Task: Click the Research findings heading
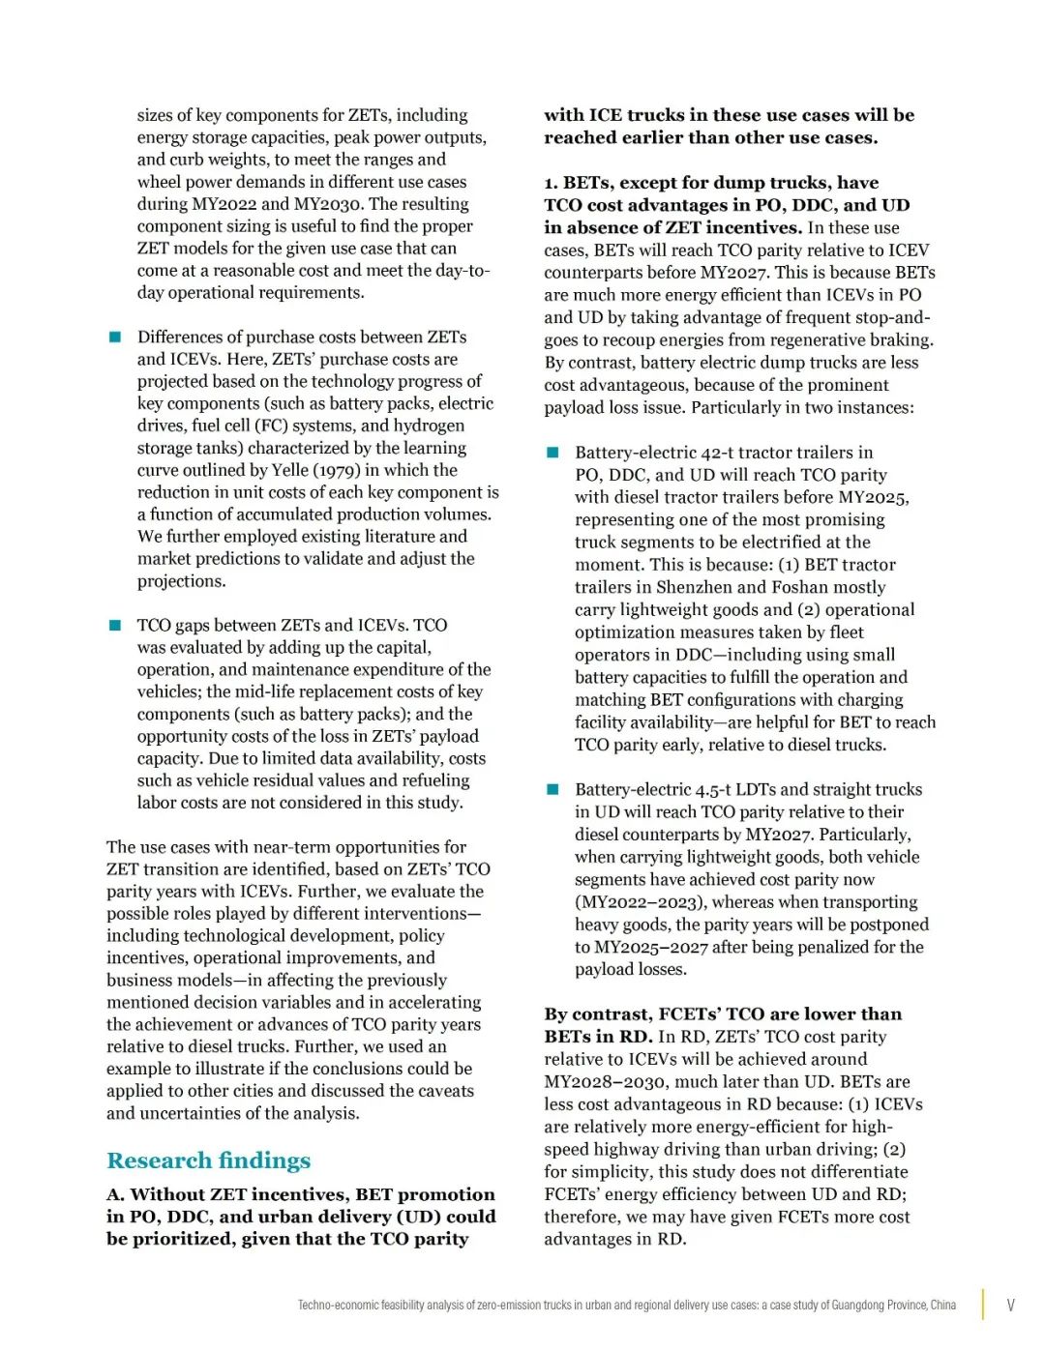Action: (208, 1160)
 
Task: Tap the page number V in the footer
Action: (1010, 1305)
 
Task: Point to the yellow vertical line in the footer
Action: (983, 1305)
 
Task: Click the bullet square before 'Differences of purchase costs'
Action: (115, 337)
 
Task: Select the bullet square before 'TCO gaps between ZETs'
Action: (115, 625)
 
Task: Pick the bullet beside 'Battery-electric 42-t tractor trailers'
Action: (552, 453)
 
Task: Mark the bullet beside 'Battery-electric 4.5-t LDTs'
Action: (552, 789)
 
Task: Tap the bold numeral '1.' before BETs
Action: (552, 183)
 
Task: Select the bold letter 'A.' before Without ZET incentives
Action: (116, 1195)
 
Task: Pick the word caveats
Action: (443, 1091)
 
